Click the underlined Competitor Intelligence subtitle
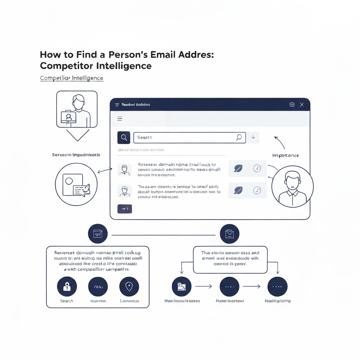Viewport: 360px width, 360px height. click(x=72, y=78)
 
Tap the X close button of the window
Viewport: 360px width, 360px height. click(x=302, y=105)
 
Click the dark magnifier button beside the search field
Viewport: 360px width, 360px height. click(x=124, y=138)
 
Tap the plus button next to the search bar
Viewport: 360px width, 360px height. click(x=253, y=138)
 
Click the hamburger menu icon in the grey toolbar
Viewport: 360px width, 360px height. click(x=120, y=119)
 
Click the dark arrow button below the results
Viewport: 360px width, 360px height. click(x=124, y=209)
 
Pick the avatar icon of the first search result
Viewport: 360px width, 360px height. click(x=124, y=170)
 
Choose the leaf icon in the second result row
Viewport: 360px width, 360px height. click(x=238, y=191)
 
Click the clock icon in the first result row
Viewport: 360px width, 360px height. click(x=257, y=169)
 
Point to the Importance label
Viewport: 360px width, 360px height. click(x=285, y=155)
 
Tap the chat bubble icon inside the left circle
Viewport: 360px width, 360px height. click(x=81, y=189)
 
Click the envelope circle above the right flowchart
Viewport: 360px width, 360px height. click(x=229, y=234)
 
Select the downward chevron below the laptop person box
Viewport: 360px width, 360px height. click(x=77, y=135)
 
